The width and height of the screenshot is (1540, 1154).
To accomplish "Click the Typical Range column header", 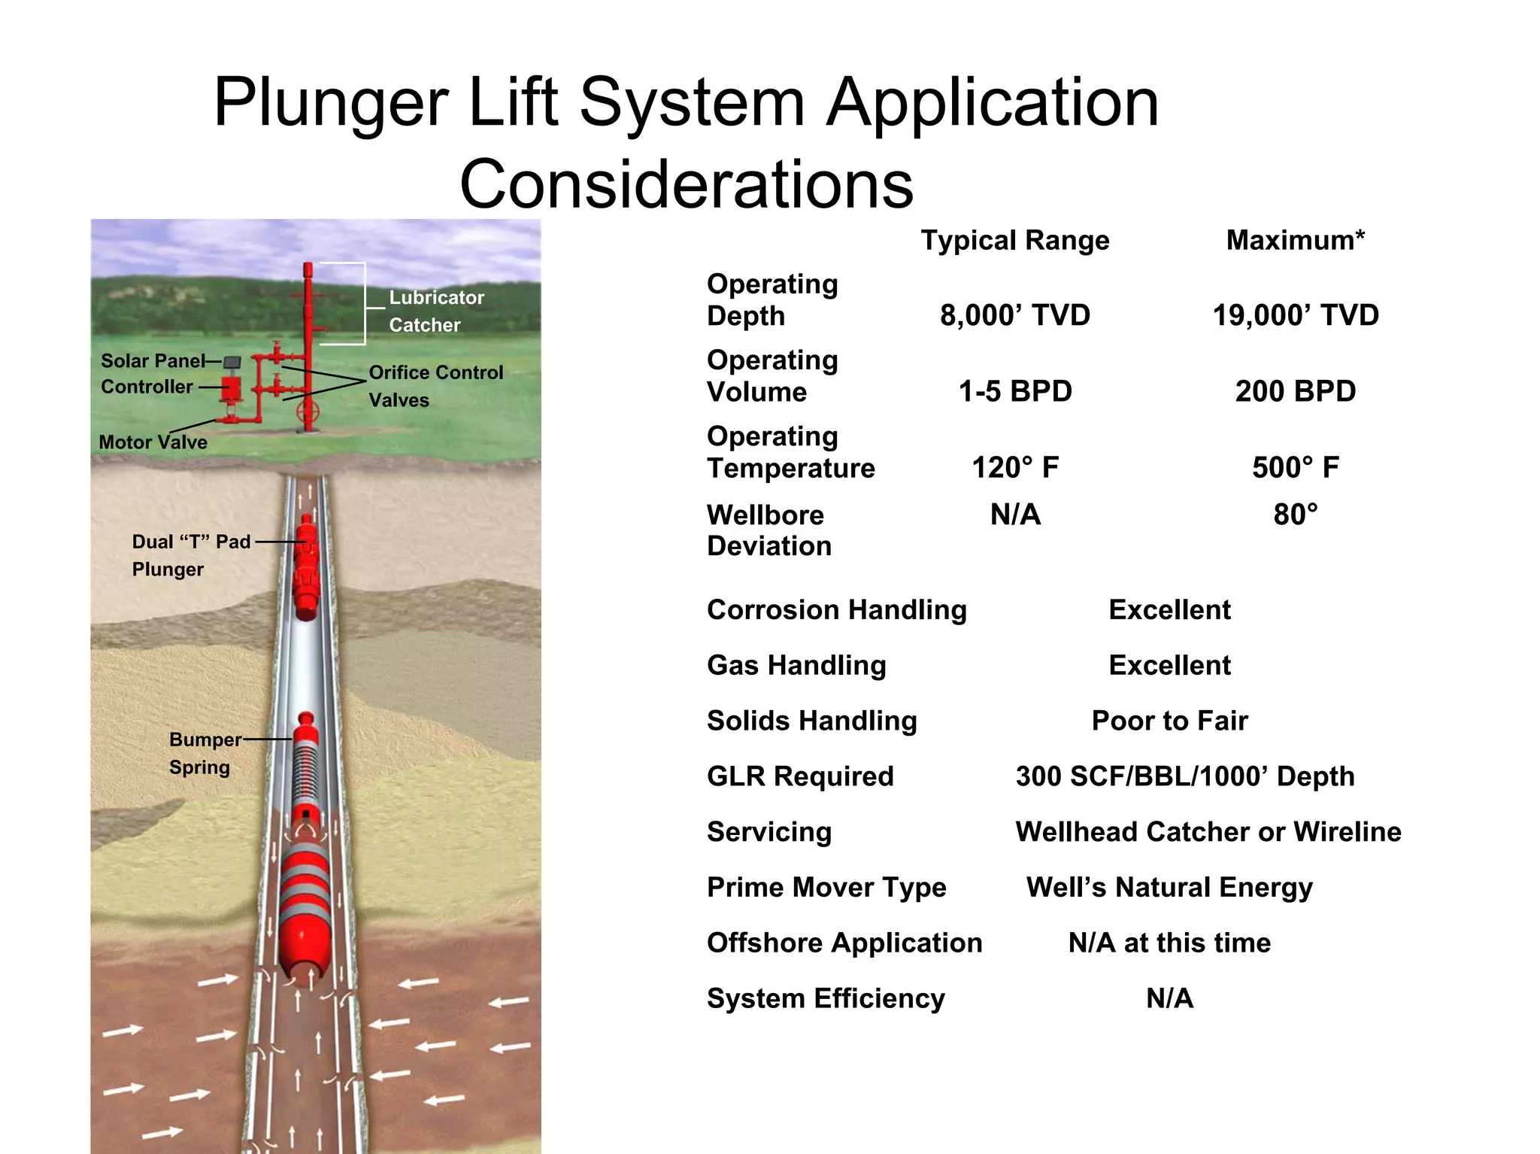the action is click(1015, 241).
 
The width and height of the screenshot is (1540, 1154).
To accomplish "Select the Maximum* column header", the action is click(1295, 241).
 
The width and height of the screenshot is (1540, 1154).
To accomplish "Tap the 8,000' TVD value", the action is click(1015, 315).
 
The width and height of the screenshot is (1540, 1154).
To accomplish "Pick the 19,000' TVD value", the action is click(1296, 315).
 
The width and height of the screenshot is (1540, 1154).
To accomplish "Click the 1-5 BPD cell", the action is click(1015, 391).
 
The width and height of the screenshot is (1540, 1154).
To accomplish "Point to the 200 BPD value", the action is click(1296, 391).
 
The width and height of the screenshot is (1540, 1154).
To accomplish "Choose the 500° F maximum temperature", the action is click(1296, 467).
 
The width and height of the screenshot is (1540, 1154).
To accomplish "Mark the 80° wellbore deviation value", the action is click(1296, 515).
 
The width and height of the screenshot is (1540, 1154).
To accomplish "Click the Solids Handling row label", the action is click(812, 721).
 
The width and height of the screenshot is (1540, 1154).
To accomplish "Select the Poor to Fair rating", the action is click(1169, 721).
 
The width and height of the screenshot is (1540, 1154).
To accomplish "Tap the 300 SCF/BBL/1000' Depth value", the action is click(1185, 776).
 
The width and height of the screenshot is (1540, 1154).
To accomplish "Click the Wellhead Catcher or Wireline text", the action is click(1208, 832).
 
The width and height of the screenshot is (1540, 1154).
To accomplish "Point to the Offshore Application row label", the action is click(844, 943).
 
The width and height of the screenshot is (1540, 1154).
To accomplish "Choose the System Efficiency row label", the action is click(826, 998).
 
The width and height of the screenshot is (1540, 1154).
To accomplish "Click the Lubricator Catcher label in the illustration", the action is click(436, 311).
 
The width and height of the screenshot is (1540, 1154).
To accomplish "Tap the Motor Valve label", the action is click(153, 442).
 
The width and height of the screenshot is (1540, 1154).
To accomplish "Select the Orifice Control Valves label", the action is click(435, 386).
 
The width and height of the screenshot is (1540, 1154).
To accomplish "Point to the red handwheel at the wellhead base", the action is click(308, 411).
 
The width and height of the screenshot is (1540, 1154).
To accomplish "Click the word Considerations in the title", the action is click(687, 184).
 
